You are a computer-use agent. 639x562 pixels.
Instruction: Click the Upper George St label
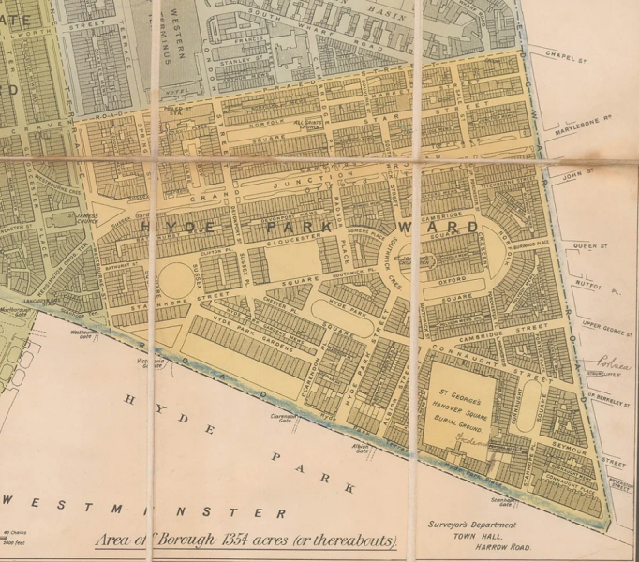tap(604, 325)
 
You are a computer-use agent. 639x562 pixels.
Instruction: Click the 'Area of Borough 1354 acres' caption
tap(246, 540)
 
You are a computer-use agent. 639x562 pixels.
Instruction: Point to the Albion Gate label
tap(360, 450)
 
